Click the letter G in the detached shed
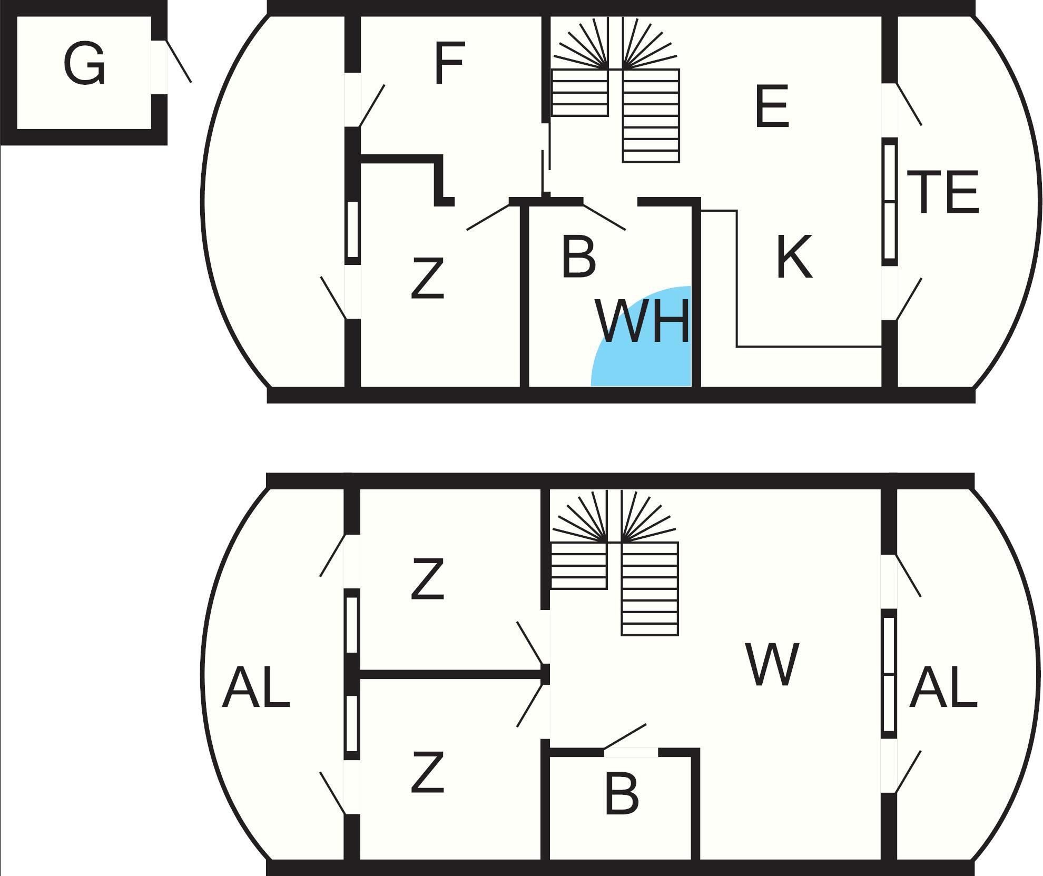tap(84, 65)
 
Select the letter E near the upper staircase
tap(772, 107)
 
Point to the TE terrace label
tap(942, 193)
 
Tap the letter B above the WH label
tap(578, 258)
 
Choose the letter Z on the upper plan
tap(427, 279)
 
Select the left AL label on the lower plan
tap(256, 687)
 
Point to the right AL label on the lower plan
tap(943, 687)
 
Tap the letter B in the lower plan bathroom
tap(622, 794)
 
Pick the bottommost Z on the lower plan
tap(427, 773)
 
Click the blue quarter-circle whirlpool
tap(622, 363)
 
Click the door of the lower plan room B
tap(625, 737)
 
